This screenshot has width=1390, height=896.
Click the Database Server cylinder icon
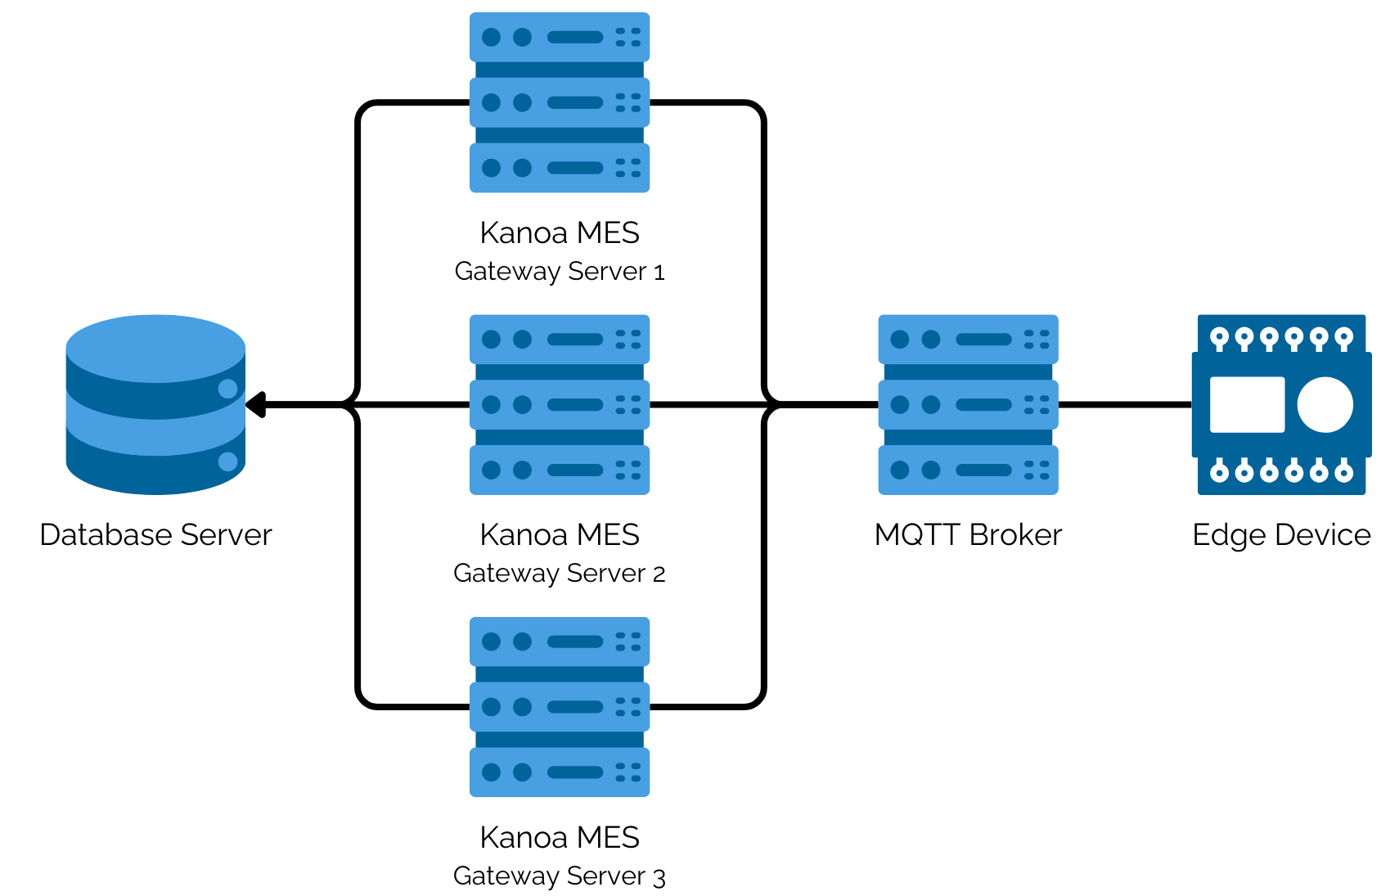tap(155, 404)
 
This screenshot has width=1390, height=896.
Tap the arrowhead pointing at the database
tap(256, 404)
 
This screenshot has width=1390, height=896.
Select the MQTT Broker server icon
tap(968, 404)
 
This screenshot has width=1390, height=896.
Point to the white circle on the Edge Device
tap(1325, 404)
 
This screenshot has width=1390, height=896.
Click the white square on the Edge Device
tap(1247, 404)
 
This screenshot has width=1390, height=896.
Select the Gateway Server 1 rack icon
tap(559, 102)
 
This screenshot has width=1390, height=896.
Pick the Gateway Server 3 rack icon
tap(559, 706)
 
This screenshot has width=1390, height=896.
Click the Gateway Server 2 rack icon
tap(559, 404)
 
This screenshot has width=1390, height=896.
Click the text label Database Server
tap(155, 534)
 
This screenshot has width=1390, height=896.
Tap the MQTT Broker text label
tap(968, 534)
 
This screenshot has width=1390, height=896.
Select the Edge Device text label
tap(1281, 534)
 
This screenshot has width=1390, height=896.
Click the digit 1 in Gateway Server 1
tap(659, 272)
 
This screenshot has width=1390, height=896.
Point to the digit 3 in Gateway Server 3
tap(659, 877)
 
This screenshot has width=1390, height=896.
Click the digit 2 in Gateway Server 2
tap(659, 574)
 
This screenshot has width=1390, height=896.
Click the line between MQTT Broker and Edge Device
tap(1125, 404)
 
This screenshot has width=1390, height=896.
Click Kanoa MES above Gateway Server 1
tap(559, 232)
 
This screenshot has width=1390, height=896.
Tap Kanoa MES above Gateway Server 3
tap(559, 837)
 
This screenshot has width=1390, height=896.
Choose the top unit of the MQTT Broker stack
tap(968, 339)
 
